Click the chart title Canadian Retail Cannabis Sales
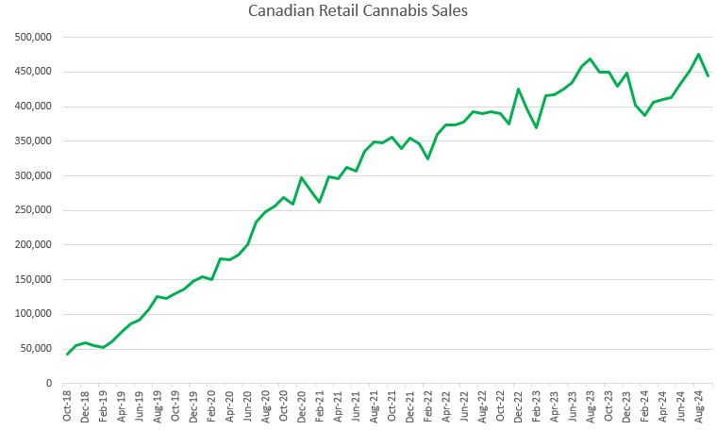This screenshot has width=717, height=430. click(x=358, y=11)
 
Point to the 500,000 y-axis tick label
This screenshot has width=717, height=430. click(x=32, y=38)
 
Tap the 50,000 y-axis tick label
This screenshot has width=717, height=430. click(x=35, y=349)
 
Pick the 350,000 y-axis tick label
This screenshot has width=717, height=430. click(x=32, y=141)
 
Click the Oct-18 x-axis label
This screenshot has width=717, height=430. click(x=67, y=405)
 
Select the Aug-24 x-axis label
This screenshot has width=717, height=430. click(x=699, y=405)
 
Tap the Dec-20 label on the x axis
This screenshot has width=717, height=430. click(x=302, y=405)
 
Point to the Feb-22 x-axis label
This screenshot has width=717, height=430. click(x=428, y=405)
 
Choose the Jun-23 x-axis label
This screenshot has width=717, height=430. click(x=573, y=405)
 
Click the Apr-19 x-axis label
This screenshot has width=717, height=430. click(x=121, y=405)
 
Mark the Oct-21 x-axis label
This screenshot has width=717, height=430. click(x=392, y=405)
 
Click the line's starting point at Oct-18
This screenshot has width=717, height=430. click(x=67, y=354)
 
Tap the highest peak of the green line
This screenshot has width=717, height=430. click(x=699, y=55)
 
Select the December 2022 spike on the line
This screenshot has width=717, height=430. click(x=518, y=90)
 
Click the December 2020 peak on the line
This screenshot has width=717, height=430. click(x=302, y=177)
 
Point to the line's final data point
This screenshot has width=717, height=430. click(x=708, y=75)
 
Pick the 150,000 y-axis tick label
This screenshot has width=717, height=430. click(x=32, y=279)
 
